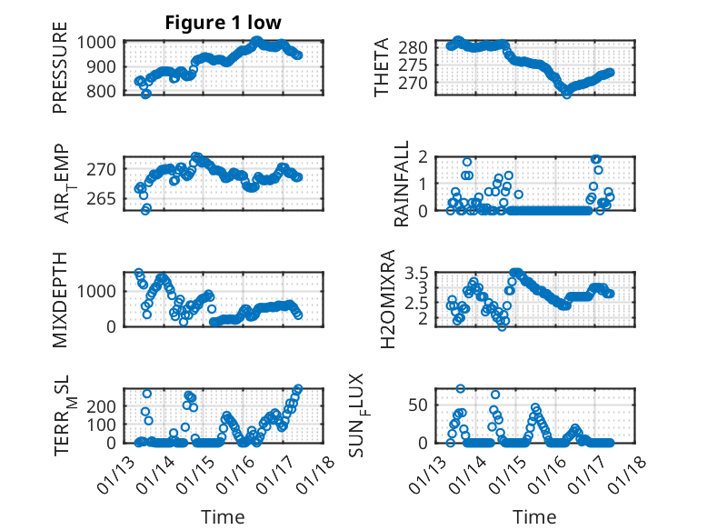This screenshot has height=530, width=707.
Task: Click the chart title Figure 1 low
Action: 223,23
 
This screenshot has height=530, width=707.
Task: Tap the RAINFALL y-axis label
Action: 401,184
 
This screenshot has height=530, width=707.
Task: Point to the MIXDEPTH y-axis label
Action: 60,298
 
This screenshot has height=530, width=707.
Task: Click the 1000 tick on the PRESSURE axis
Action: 97,42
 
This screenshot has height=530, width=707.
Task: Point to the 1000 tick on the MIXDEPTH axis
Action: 97,291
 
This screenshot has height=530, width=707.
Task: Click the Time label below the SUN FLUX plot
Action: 534,517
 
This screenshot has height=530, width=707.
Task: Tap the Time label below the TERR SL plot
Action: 223,517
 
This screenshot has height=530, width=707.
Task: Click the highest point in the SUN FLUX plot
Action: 461,388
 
